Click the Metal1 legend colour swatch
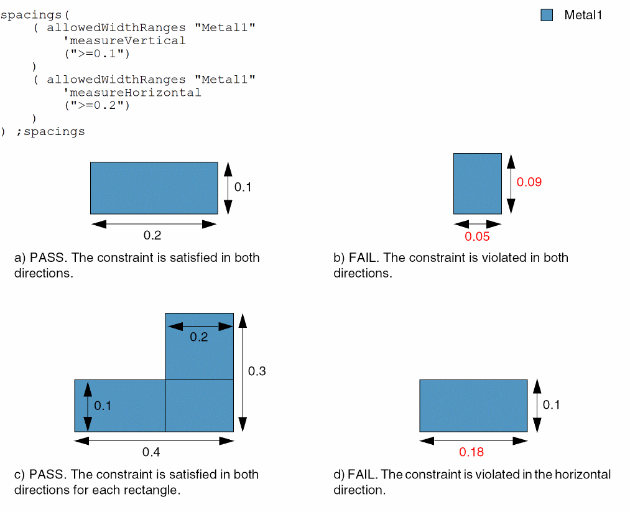547,16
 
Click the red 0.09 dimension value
529,182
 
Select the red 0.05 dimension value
477,236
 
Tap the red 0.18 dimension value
471,452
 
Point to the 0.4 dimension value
152,452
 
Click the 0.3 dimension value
257,371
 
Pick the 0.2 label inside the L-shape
198,338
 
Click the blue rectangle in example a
154,188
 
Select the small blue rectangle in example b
477,184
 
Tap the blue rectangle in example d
473,406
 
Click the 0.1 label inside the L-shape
103,406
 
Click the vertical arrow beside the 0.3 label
243,371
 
